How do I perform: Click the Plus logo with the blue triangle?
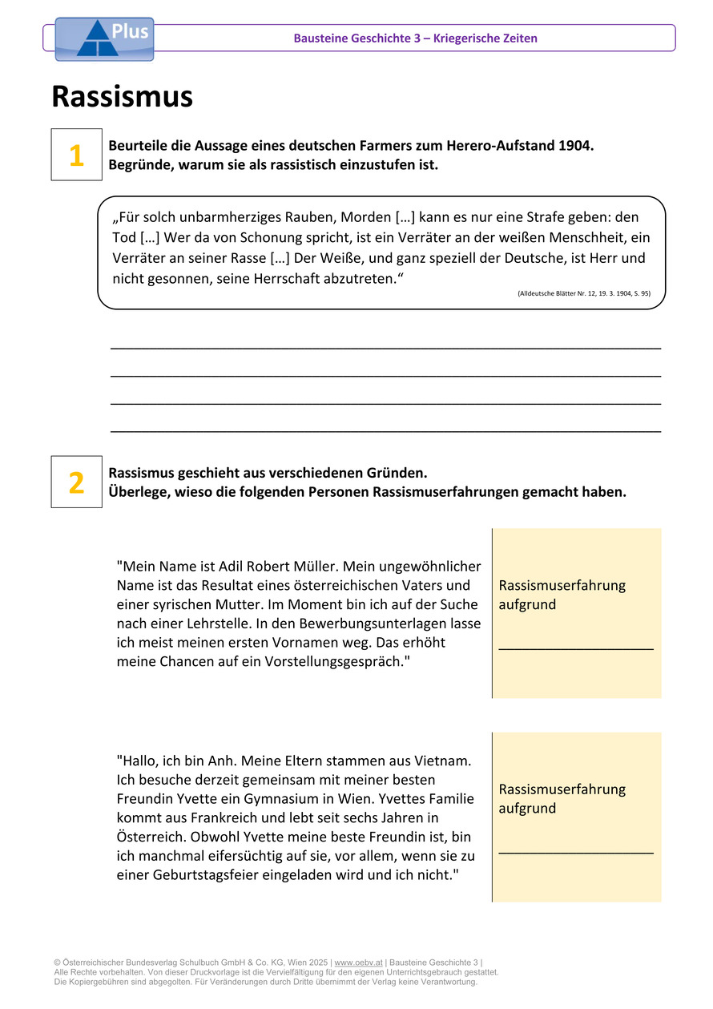point(104,39)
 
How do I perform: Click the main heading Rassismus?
point(122,97)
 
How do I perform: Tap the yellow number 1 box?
point(76,155)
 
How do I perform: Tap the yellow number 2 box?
point(76,482)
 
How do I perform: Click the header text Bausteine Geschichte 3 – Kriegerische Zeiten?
point(415,38)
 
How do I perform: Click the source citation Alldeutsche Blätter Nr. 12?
point(584,294)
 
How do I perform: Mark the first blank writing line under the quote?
point(385,348)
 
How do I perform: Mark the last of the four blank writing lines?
point(385,431)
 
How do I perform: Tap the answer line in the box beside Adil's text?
point(575,648)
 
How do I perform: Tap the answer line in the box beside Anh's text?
point(575,852)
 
